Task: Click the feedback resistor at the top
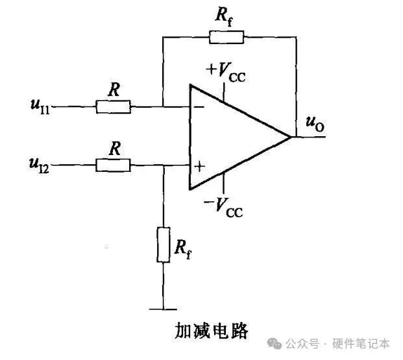pyautogui.click(x=226, y=36)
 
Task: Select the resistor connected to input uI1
pyautogui.click(x=113, y=107)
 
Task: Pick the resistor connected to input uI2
pyautogui.click(x=113, y=166)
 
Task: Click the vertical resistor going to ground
pyautogui.click(x=163, y=245)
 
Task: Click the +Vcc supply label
pyautogui.click(x=226, y=70)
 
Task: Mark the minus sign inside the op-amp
pyautogui.click(x=199, y=106)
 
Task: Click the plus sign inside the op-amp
pyautogui.click(x=199, y=167)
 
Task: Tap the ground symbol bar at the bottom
pyautogui.click(x=163, y=309)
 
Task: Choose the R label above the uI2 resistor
pyautogui.click(x=114, y=149)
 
